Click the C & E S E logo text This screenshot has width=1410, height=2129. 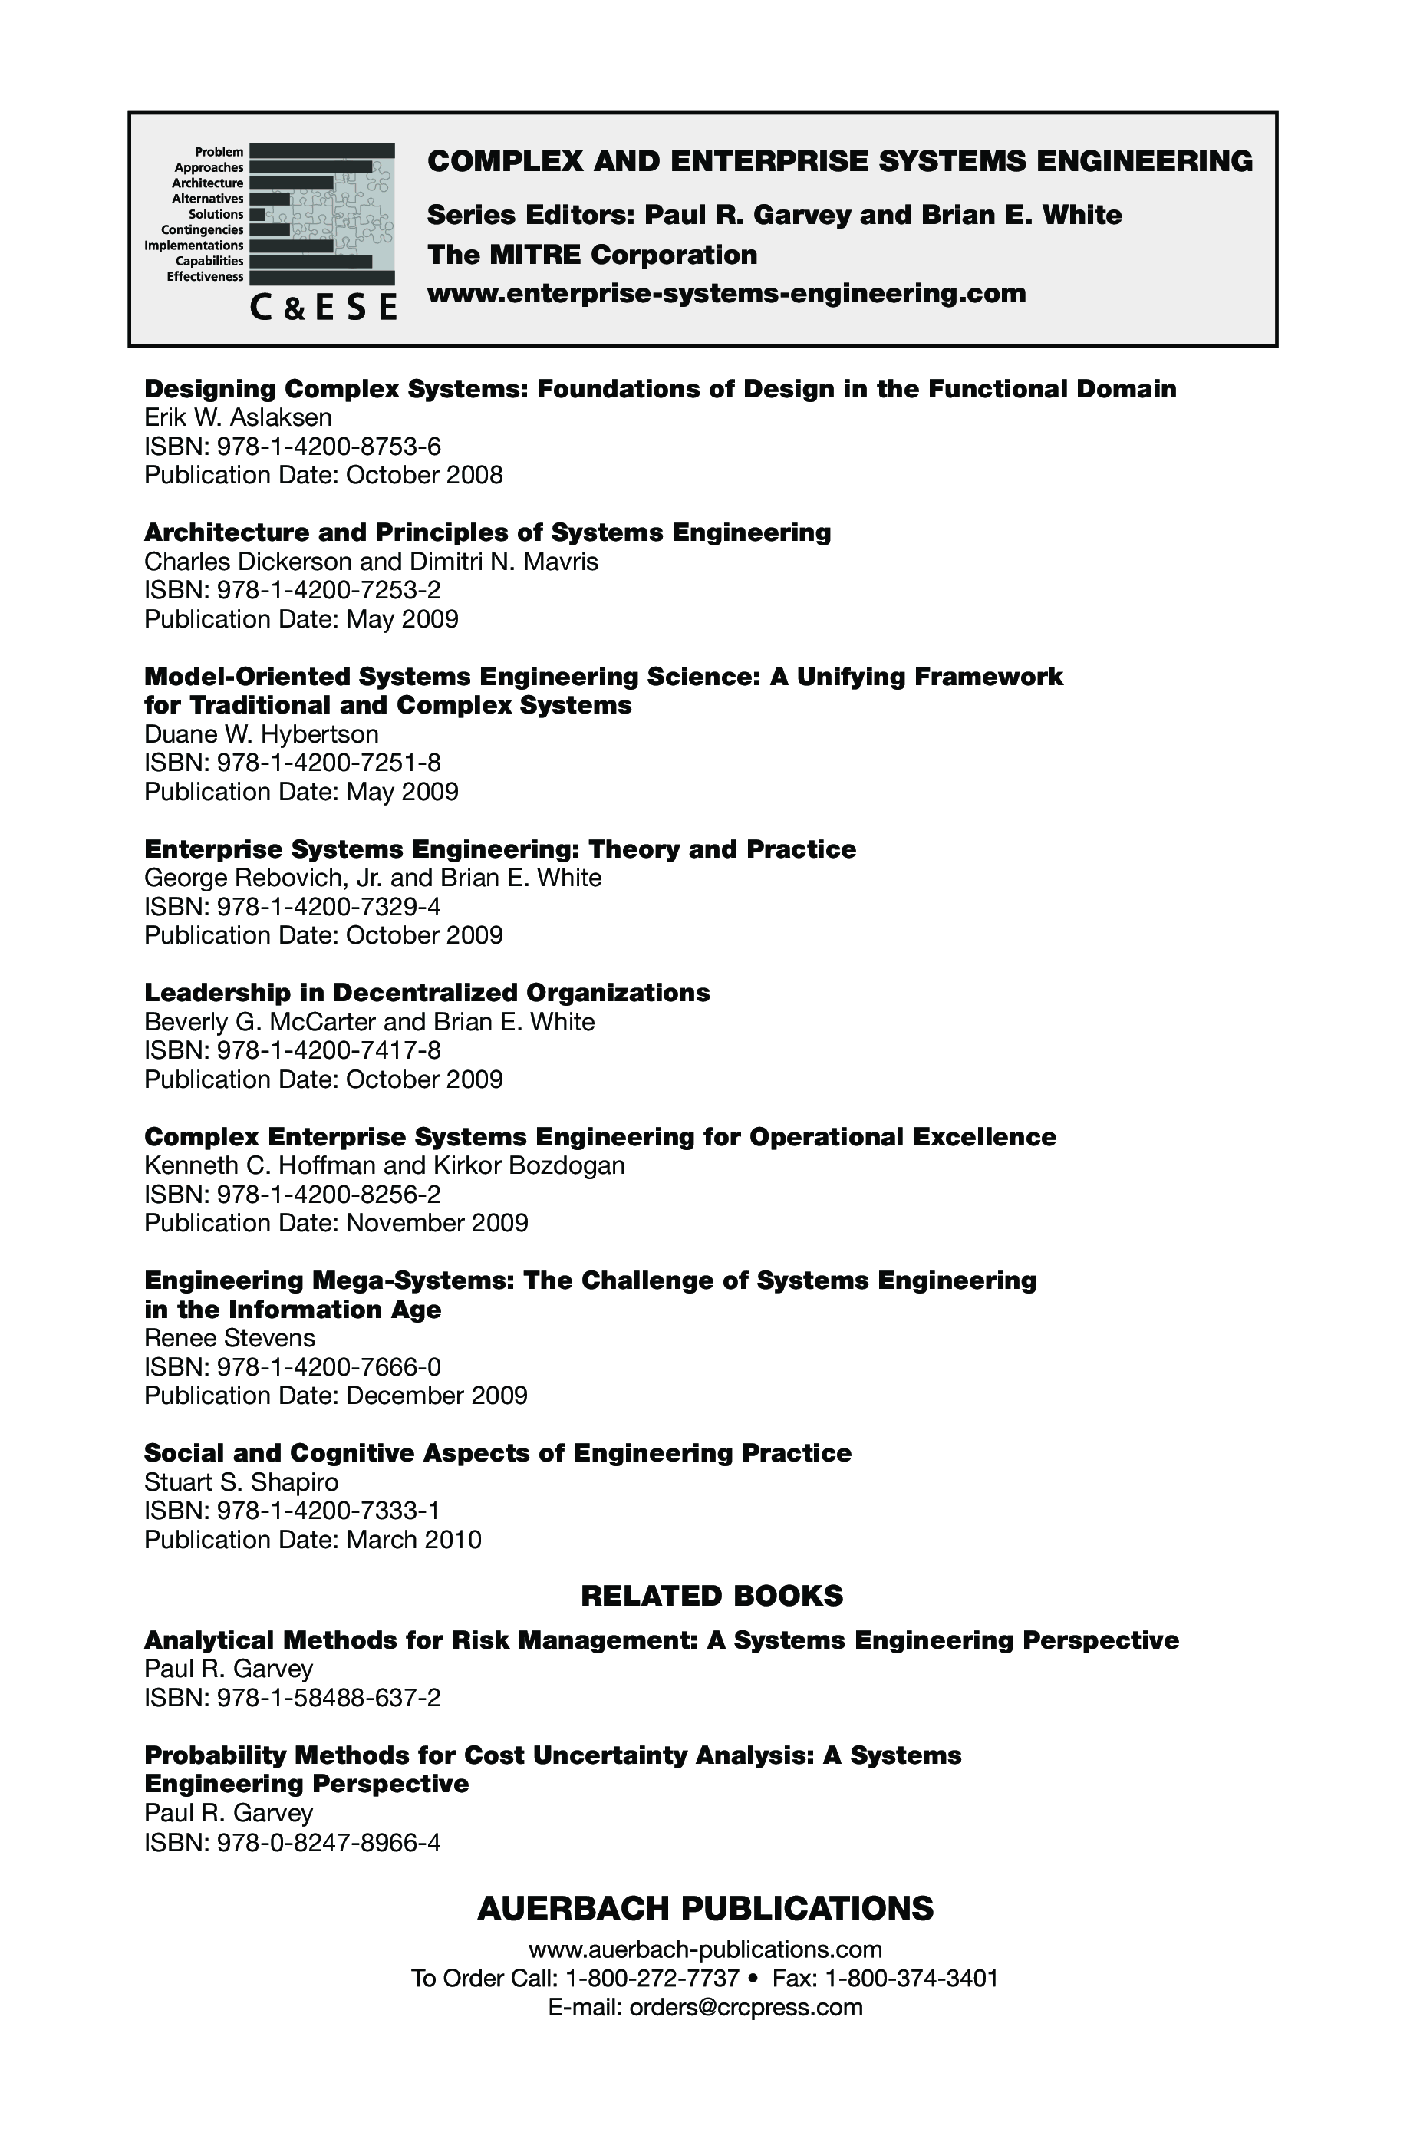tap(323, 307)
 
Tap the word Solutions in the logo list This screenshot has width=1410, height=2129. tap(216, 214)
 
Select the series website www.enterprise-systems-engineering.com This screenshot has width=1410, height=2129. tap(726, 293)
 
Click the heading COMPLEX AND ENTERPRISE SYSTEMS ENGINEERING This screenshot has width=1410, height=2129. tap(840, 161)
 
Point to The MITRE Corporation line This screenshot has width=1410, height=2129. tap(591, 255)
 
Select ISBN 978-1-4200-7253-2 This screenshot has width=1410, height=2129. tap(292, 590)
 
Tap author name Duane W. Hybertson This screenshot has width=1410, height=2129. tap(262, 733)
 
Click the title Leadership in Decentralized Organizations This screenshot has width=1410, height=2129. tap(427, 993)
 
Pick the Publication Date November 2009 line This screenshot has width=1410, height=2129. tap(336, 1223)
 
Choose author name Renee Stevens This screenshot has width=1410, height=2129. tap(230, 1338)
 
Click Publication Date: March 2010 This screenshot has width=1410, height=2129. tap(313, 1540)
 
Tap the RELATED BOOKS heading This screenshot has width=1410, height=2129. tap(712, 1596)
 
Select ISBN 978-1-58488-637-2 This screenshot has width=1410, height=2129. tap(292, 1697)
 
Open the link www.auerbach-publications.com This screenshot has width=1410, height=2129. tap(705, 1949)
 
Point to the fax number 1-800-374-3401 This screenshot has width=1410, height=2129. tap(911, 1978)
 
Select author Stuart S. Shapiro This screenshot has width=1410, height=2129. tap(242, 1481)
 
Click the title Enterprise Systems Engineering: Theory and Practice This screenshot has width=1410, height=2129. tap(500, 849)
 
